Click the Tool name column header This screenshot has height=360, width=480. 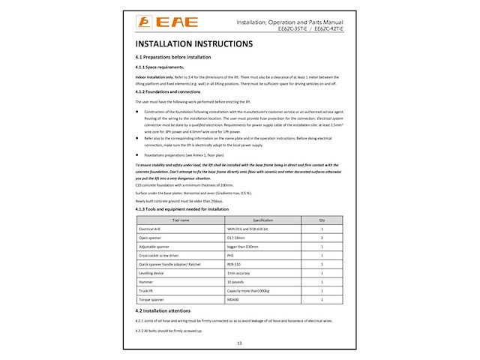pyautogui.click(x=181, y=220)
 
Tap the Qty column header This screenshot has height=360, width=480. pyautogui.click(x=321, y=220)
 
